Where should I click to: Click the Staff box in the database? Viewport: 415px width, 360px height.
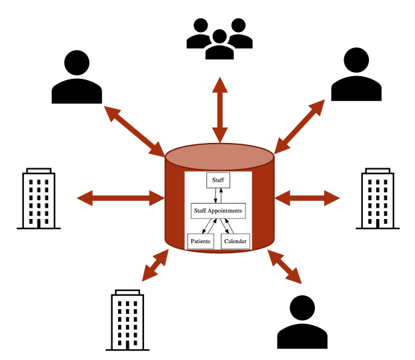point(218,180)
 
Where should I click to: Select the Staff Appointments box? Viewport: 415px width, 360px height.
point(218,210)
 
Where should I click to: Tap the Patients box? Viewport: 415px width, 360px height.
point(200,240)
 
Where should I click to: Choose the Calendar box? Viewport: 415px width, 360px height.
point(236,240)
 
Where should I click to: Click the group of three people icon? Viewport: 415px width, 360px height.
point(220,38)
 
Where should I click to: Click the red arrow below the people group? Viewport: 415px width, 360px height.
point(220,109)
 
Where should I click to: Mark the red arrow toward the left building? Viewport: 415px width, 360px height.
point(120,197)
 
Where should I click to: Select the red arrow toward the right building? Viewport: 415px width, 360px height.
point(308,197)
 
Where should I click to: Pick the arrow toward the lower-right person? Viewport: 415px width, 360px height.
point(285,267)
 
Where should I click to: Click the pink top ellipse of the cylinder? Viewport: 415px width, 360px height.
point(220,156)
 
